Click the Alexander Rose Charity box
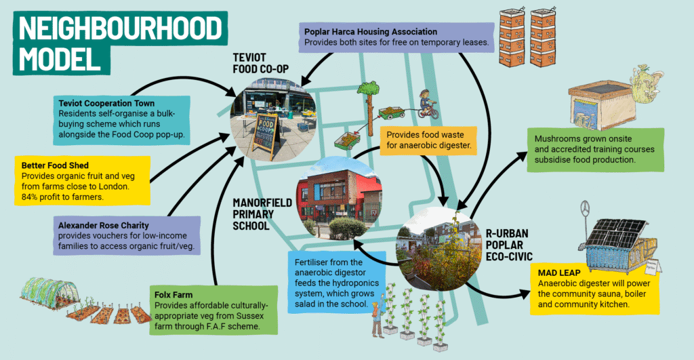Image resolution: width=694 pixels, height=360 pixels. (126, 235)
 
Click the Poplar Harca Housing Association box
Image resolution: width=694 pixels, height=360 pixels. (396, 37)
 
